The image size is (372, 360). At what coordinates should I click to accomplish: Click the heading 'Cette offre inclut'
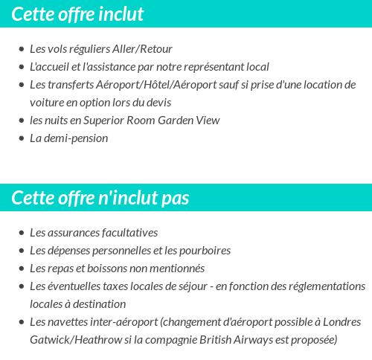(x=77, y=14)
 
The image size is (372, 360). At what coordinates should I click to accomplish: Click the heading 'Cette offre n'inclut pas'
(x=100, y=198)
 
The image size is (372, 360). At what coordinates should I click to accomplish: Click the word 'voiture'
(x=46, y=102)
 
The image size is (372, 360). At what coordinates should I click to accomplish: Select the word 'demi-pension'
(x=75, y=138)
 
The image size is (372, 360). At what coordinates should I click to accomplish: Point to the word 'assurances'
(x=74, y=232)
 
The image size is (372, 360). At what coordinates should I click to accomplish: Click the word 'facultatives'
(x=129, y=232)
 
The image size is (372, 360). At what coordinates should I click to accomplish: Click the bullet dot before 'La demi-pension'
(x=22, y=138)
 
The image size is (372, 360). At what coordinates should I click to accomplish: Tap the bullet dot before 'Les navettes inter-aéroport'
(x=22, y=322)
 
